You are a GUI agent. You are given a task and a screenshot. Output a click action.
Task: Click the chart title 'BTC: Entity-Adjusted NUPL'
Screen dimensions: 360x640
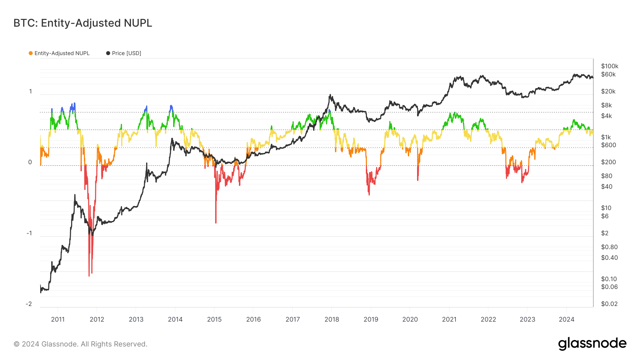click(x=82, y=23)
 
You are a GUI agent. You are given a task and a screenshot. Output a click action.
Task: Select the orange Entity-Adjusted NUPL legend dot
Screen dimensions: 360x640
click(x=31, y=53)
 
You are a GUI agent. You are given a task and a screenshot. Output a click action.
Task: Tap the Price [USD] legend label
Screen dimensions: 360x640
click(x=126, y=53)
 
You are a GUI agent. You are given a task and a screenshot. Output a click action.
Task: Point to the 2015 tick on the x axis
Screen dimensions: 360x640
click(x=214, y=319)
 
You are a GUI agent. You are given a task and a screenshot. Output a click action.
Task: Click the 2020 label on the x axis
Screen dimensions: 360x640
click(x=410, y=319)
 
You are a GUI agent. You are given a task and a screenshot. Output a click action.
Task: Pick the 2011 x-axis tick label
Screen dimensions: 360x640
click(x=58, y=319)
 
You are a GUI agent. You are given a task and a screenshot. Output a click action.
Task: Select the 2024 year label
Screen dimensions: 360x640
click(x=566, y=319)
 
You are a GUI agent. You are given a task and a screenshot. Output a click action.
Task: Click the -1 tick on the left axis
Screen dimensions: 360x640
click(x=29, y=233)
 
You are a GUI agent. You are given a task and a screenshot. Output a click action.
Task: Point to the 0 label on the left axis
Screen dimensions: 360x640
click(x=30, y=162)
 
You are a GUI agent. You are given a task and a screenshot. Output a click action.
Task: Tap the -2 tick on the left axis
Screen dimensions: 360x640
click(x=29, y=304)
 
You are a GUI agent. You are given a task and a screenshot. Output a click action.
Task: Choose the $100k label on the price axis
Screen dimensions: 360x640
click(x=609, y=66)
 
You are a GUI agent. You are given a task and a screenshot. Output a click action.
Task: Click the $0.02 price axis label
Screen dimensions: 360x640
click(x=609, y=304)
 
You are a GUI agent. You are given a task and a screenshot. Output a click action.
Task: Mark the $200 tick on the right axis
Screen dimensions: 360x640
click(x=608, y=162)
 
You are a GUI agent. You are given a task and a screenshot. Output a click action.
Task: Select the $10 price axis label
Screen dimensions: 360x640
click(x=606, y=208)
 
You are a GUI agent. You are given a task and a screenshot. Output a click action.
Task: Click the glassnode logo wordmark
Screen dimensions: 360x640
click(x=592, y=344)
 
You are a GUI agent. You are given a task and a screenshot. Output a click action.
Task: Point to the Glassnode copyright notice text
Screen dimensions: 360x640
click(x=80, y=344)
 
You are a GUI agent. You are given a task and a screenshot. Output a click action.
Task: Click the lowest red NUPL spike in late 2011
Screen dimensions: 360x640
click(x=89, y=276)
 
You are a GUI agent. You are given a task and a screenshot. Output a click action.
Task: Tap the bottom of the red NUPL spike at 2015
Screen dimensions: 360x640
click(x=216, y=223)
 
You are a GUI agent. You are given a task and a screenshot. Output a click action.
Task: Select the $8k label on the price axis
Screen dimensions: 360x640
click(x=606, y=105)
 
